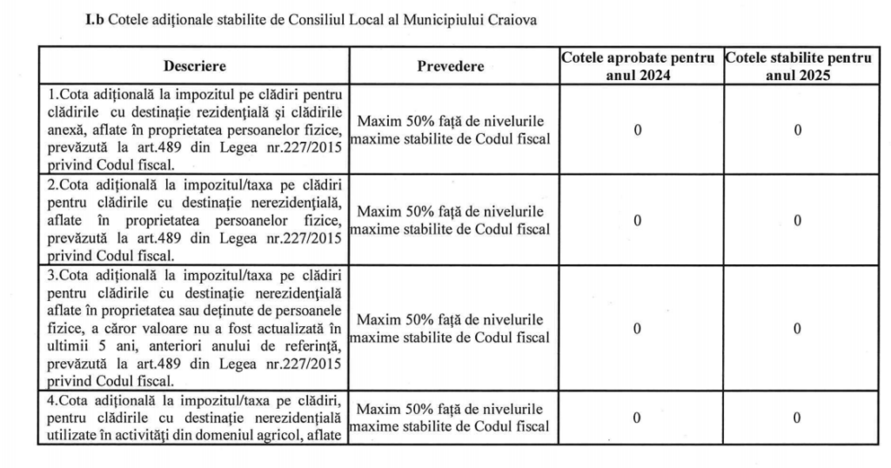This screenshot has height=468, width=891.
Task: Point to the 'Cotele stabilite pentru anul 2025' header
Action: (798, 66)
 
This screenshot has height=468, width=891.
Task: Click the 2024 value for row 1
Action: (638, 130)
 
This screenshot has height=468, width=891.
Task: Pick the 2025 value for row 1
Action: (797, 130)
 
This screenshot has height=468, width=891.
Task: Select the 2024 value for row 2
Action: (638, 221)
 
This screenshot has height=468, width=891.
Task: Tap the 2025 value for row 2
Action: (797, 221)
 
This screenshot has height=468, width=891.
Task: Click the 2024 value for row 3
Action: (638, 329)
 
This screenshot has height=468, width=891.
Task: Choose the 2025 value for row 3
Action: (797, 329)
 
